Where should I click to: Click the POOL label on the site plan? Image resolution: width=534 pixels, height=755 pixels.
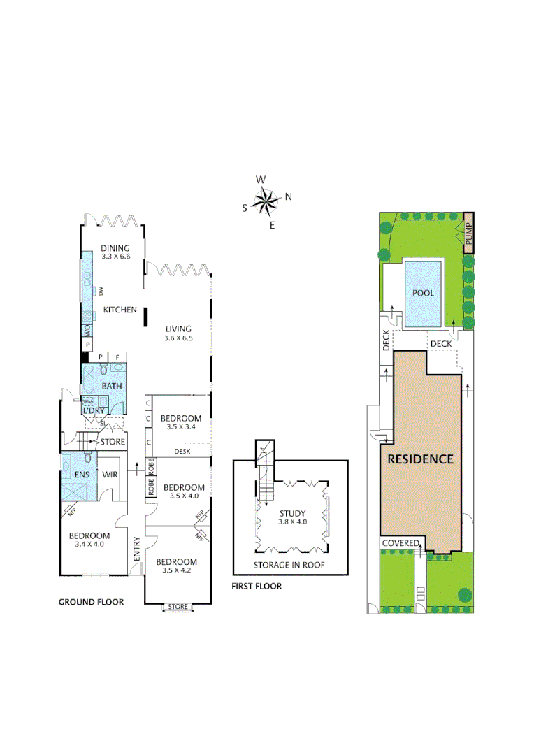423,293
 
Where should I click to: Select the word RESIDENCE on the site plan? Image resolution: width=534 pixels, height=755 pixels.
421,459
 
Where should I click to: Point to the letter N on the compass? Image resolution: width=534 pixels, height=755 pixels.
288,196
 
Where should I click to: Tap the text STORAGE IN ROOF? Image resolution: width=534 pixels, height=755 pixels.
289,565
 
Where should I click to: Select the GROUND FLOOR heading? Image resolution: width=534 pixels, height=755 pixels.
91,602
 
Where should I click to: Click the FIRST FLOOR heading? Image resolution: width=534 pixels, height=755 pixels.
257,586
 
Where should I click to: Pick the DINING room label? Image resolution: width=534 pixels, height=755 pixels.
115,247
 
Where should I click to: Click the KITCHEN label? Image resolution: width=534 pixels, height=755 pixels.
120,310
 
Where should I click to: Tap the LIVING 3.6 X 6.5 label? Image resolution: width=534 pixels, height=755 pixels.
178,333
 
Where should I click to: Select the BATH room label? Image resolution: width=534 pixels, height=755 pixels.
112,386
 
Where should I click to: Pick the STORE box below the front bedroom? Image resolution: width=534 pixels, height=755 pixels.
178,607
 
